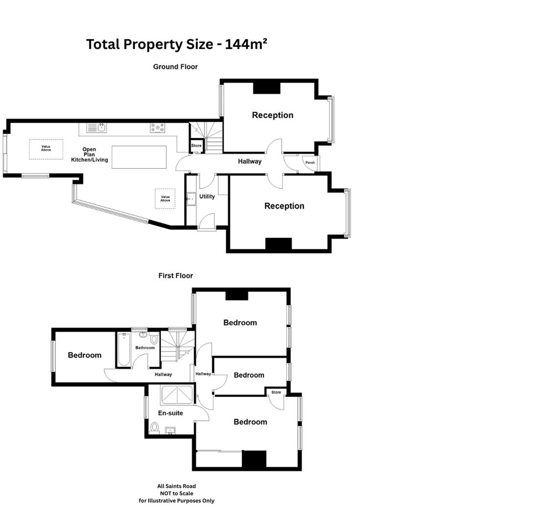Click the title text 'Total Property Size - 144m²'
tap(177, 44)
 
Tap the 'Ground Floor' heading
tap(175, 66)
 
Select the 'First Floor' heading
tap(176, 276)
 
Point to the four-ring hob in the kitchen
tap(158, 128)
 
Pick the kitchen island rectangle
tap(139, 157)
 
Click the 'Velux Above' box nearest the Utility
tap(165, 198)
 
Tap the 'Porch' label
tap(310, 162)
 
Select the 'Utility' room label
tap(207, 197)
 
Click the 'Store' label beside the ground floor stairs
tap(196, 146)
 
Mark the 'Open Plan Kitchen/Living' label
tap(89, 154)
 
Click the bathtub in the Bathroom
tap(124, 350)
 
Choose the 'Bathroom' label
tap(145, 348)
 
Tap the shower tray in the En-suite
tap(176, 395)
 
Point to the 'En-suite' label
tap(170, 413)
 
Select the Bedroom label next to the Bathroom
tap(85, 355)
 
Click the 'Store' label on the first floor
tap(276, 392)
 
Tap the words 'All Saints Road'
tap(176, 486)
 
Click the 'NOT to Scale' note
tap(176, 493)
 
